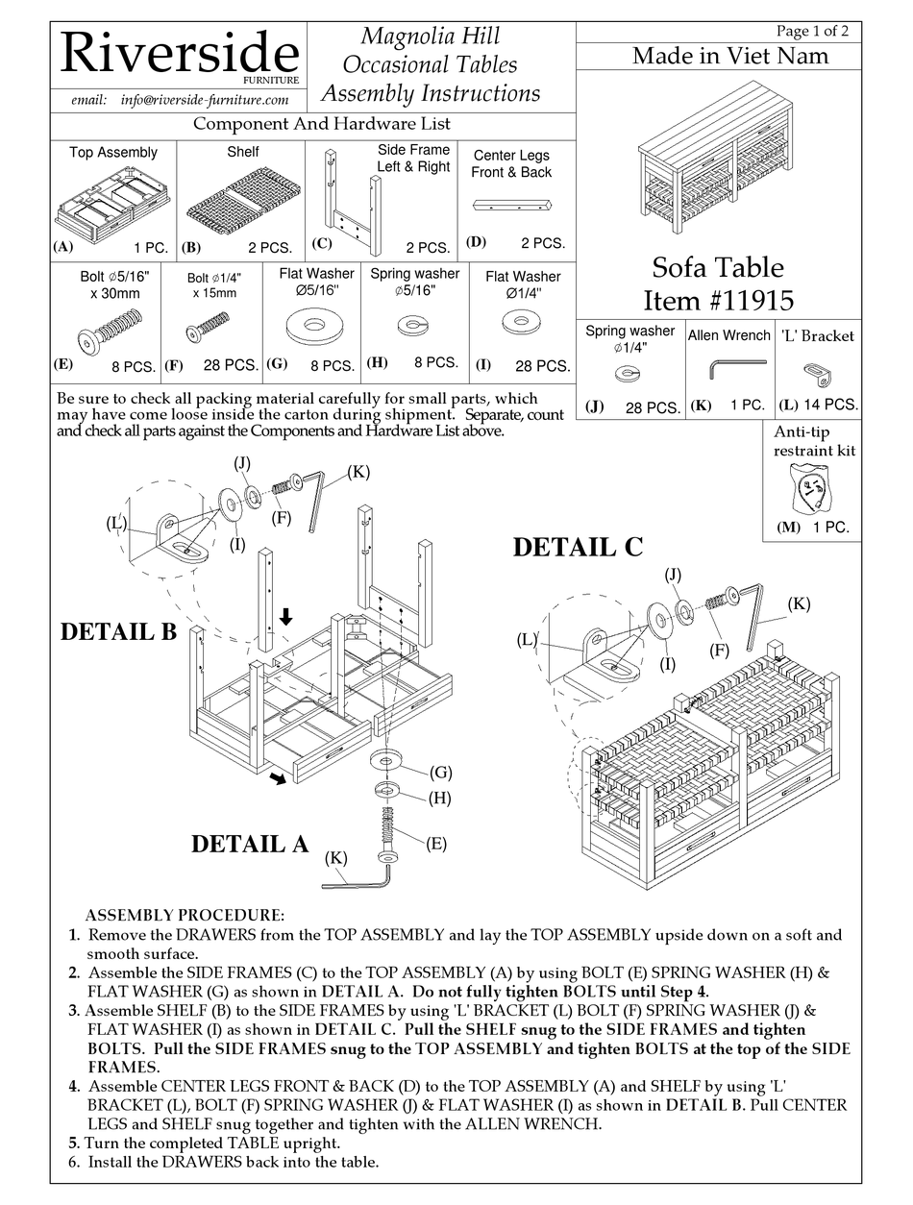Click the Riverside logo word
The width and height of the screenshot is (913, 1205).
(x=179, y=55)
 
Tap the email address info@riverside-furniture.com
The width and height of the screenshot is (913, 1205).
(x=205, y=100)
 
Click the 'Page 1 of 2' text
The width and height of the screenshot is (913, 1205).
(x=812, y=31)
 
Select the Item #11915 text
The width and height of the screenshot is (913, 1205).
(x=718, y=300)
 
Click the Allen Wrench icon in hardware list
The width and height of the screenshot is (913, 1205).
(x=736, y=368)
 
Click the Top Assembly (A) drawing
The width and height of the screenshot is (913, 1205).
(x=113, y=204)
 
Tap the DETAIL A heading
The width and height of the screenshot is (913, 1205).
(x=249, y=844)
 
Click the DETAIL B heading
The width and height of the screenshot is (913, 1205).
(x=118, y=631)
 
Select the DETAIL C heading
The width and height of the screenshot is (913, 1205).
(x=577, y=547)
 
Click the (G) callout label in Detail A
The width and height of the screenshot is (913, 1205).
(x=441, y=772)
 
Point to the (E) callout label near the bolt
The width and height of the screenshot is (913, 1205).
(x=435, y=843)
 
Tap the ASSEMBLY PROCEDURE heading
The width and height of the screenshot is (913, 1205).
(x=185, y=915)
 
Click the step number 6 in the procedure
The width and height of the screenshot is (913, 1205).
(x=73, y=1162)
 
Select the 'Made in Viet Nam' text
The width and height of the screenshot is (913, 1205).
(x=729, y=56)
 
